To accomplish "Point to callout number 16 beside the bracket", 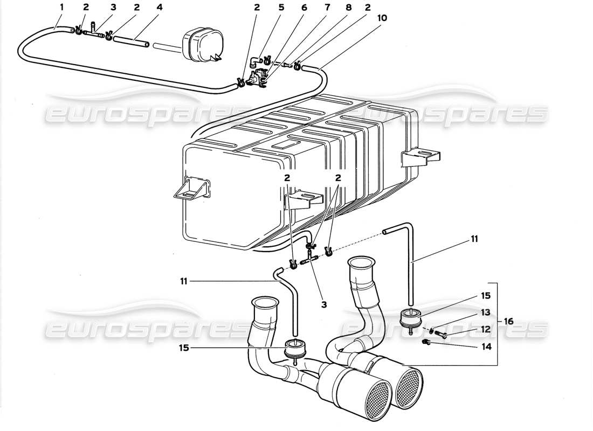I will click(x=508, y=321).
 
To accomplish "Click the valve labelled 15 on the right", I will click(x=411, y=318).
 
